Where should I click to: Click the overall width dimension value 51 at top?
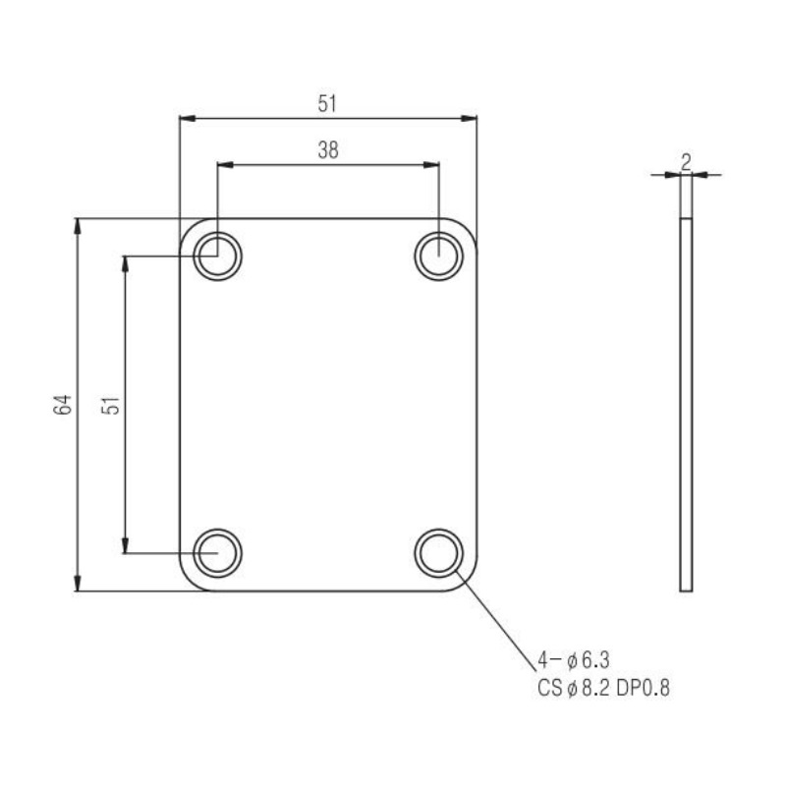click(x=327, y=104)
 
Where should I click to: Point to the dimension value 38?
click(x=328, y=150)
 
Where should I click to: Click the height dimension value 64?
click(x=63, y=405)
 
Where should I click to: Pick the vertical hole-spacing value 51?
click(x=111, y=405)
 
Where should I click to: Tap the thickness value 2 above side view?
click(x=686, y=161)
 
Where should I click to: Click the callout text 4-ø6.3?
click(x=574, y=660)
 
